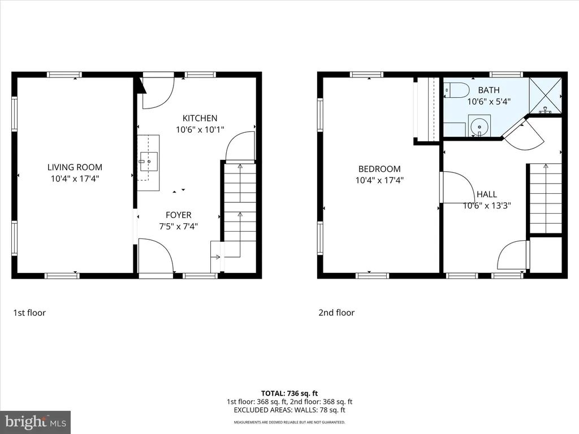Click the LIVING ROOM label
tap(75, 167)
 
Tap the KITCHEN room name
tap(200, 118)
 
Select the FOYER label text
tap(178, 215)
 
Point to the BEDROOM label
tap(379, 169)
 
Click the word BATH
tap(489, 90)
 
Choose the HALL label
tap(487, 194)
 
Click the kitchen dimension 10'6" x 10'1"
tap(200, 129)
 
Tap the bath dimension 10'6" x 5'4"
tap(489, 102)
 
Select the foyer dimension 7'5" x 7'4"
tap(178, 226)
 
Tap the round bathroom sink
tap(479, 125)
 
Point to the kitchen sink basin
tap(149, 162)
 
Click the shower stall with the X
tap(546, 95)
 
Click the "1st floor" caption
tap(29, 313)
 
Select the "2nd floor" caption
tap(336, 313)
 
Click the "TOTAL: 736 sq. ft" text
tap(289, 393)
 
